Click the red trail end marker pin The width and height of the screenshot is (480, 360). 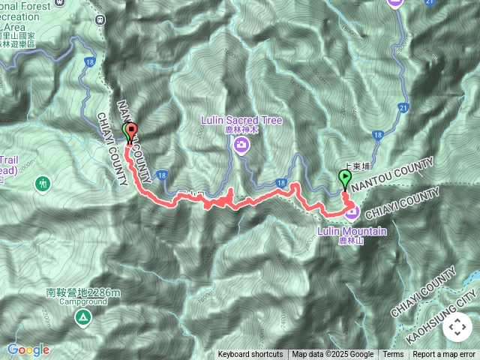132,133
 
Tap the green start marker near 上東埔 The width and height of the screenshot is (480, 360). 345,179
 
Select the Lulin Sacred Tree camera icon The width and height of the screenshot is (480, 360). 241,145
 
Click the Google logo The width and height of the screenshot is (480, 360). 28,349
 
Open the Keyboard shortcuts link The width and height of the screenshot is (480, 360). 250,355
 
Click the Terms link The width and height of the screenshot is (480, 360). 393,355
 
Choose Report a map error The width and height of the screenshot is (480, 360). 444,355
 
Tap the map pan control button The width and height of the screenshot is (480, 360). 457,327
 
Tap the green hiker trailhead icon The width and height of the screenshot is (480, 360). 43,182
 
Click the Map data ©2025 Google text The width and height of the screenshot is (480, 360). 333,355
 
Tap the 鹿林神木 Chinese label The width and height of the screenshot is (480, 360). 241,130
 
